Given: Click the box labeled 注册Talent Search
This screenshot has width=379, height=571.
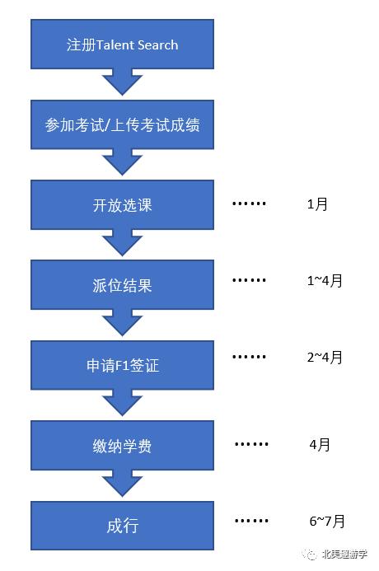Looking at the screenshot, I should pyautogui.click(x=122, y=45).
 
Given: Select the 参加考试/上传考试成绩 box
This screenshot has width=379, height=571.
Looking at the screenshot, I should pyautogui.click(x=122, y=126).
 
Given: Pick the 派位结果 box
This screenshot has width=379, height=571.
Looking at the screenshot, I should pyautogui.click(x=122, y=286).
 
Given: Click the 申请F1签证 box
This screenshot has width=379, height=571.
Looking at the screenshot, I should pyautogui.click(x=122, y=366).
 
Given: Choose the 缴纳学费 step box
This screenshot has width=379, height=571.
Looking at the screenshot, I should pyautogui.click(x=122, y=447).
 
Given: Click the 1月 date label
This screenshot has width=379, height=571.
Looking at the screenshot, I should pyautogui.click(x=316, y=204).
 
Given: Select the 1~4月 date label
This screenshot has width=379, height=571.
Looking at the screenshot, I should pyautogui.click(x=324, y=281).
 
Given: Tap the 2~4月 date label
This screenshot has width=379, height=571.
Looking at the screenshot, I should pyautogui.click(x=324, y=358).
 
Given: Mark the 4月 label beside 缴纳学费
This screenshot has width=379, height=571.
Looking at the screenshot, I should pyautogui.click(x=320, y=445).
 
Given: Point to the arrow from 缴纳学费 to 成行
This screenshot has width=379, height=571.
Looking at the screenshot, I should pyautogui.click(x=122, y=484).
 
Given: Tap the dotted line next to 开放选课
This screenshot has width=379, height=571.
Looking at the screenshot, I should pyautogui.click(x=249, y=204).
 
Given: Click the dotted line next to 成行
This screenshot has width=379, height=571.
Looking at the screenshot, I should pyautogui.click(x=251, y=522).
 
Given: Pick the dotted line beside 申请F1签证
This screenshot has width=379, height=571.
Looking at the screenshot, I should pyautogui.click(x=249, y=358).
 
